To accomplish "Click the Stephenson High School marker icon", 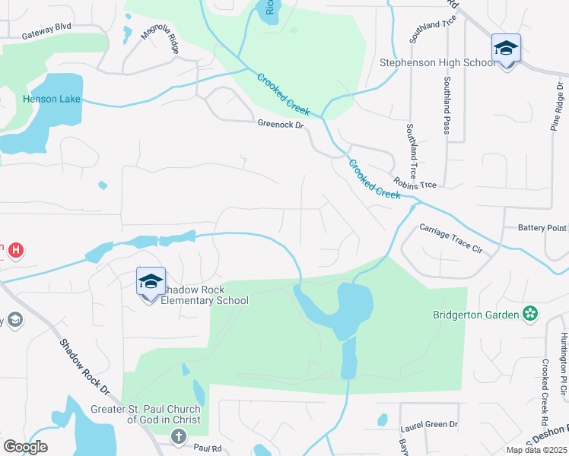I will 506,49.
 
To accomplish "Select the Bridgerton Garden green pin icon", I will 529,313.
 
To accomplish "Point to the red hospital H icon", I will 15,249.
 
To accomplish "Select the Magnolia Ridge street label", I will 160,42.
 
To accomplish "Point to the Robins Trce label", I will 415,183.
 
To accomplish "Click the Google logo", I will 25,446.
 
